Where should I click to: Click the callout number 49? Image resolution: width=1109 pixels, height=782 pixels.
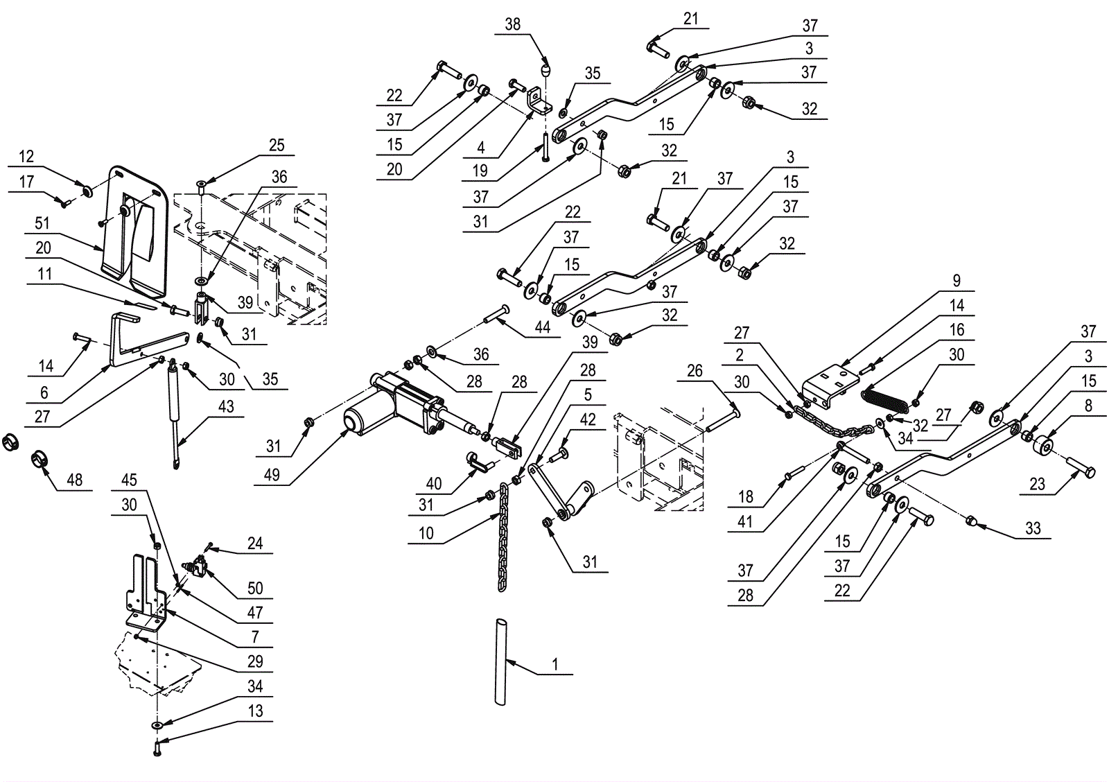[272, 475]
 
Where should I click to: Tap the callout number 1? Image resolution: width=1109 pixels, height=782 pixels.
[554, 664]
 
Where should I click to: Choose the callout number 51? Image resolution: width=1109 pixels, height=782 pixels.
[42, 223]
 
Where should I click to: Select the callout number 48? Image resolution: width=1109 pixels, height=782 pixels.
[74, 480]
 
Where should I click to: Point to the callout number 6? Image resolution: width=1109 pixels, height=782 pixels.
[44, 392]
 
